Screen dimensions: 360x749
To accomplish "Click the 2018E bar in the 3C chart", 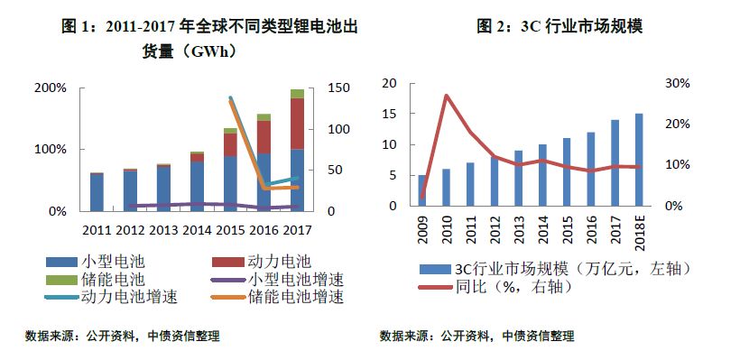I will pos(639,160).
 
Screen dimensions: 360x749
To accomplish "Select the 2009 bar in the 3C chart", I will pos(422,190).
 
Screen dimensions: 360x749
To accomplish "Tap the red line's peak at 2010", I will pos(445,95).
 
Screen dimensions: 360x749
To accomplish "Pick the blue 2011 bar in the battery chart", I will pos(97,191).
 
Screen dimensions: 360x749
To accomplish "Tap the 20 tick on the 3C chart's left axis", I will pos(389,83).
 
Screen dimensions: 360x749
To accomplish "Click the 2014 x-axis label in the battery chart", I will pos(197,230).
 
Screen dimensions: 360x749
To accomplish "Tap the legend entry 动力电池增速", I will pos(125,296).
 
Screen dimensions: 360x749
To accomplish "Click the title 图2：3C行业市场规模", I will pos(559,27).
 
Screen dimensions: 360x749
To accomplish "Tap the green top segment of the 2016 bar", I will pos(264,116).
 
